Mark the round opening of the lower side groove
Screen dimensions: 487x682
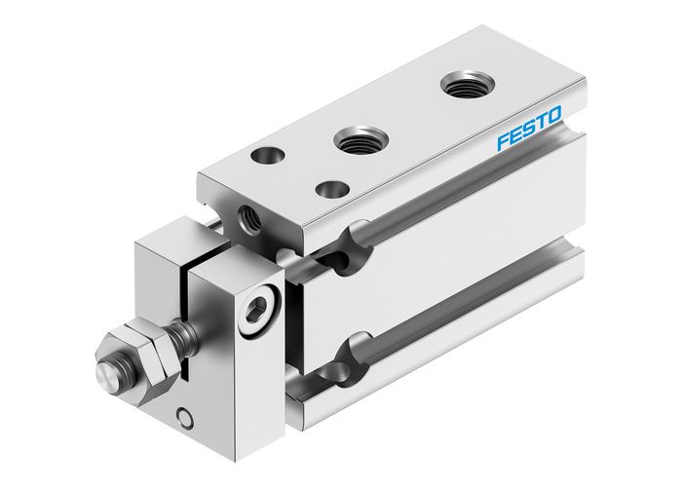tap(353, 353)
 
